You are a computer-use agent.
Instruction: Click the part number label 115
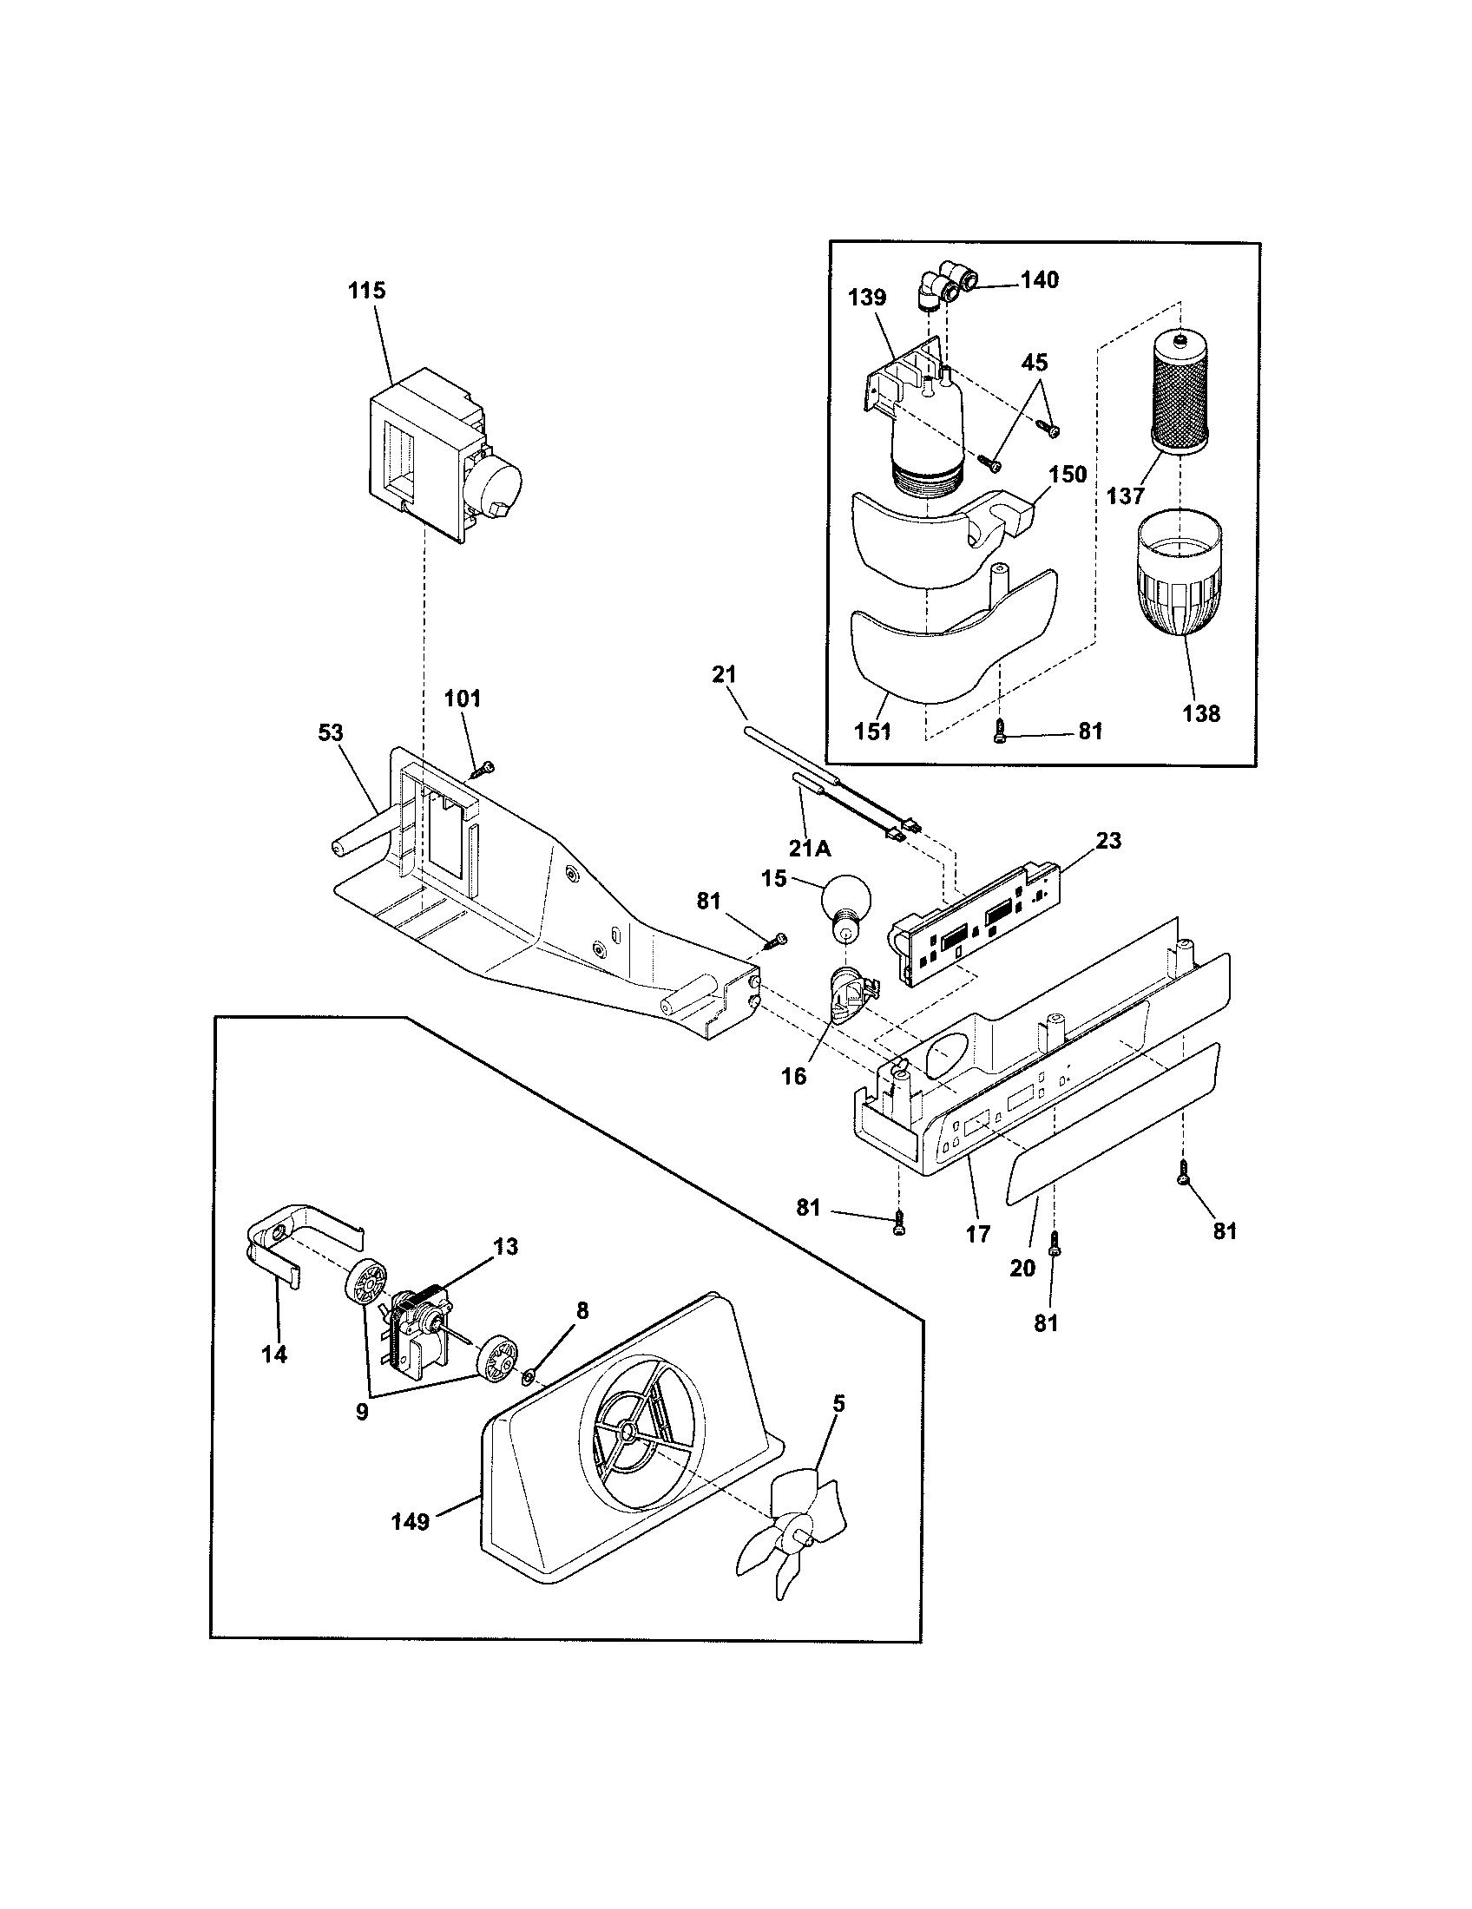point(366,291)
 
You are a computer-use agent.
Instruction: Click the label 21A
point(810,848)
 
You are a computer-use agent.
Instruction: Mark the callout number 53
point(331,733)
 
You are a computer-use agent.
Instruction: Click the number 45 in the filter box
point(1034,362)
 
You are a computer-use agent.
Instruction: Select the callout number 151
point(872,731)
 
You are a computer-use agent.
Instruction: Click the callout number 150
point(1068,475)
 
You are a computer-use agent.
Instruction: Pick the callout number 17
point(977,1233)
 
